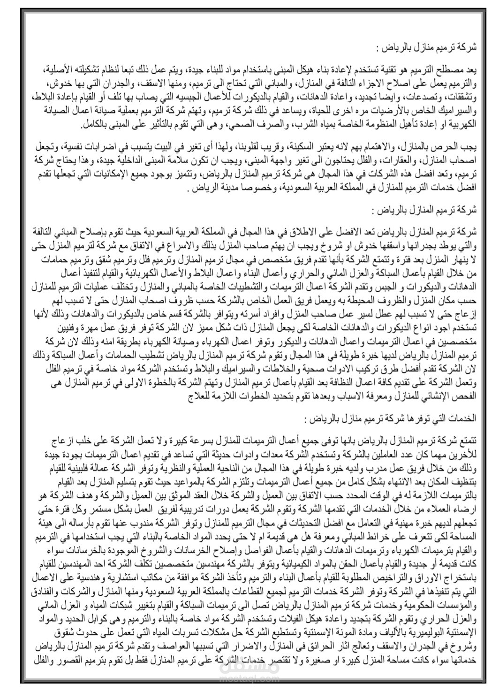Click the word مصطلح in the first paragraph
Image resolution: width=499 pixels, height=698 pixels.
[x=454, y=69]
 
